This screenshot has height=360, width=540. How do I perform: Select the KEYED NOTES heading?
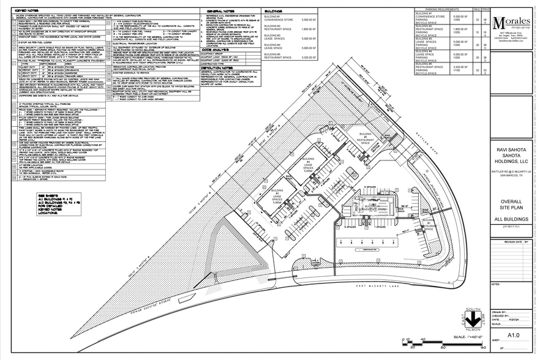pyautogui.click(x=27, y=11)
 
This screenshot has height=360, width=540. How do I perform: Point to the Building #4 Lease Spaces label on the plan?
pyautogui.click(x=309, y=165)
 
